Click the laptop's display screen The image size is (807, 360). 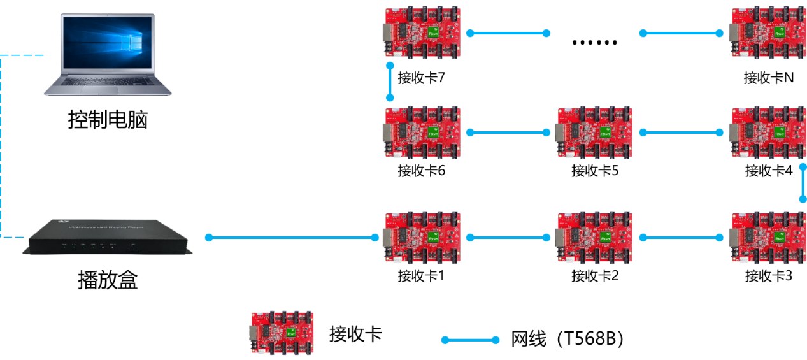(x=107, y=43)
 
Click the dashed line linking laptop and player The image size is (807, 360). (x=2, y=147)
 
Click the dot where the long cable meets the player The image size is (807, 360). (x=209, y=238)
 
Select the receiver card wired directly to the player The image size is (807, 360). (x=422, y=238)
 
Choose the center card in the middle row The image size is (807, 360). (x=596, y=133)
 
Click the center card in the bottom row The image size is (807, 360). (x=596, y=238)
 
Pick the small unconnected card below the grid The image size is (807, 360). (x=282, y=333)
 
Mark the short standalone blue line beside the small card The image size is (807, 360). (x=470, y=340)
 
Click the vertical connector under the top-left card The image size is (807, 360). (x=390, y=82)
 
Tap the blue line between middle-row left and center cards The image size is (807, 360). (x=508, y=133)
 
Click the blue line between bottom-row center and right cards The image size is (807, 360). (x=681, y=238)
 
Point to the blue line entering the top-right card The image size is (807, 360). (x=681, y=33)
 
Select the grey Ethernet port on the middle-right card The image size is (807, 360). (x=734, y=133)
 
